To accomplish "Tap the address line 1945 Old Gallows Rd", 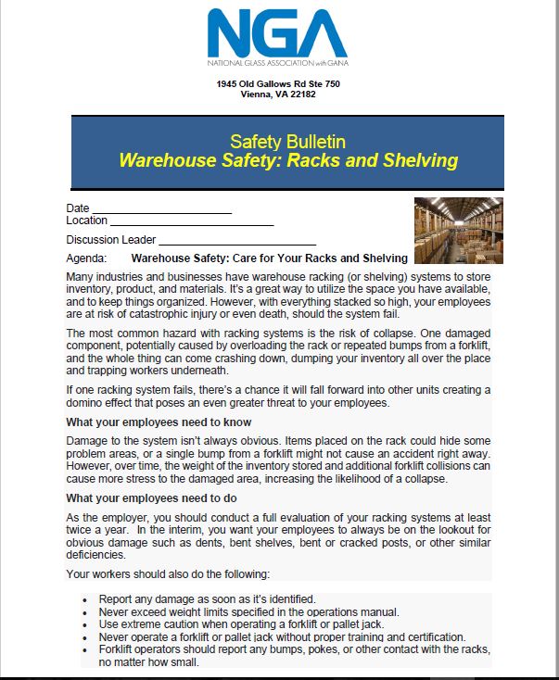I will [278, 84].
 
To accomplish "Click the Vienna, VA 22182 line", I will [278, 95].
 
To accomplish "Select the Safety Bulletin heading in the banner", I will [287, 142].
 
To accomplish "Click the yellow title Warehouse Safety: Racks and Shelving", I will [288, 160].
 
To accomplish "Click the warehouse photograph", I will [458, 231].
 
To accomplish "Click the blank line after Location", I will [192, 222].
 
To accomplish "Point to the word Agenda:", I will [87, 258].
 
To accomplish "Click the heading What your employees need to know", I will [158, 422].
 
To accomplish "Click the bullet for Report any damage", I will [85, 599].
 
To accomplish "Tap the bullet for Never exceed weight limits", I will [85, 612].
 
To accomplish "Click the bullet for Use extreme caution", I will [85, 625].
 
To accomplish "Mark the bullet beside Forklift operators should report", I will [85, 651].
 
